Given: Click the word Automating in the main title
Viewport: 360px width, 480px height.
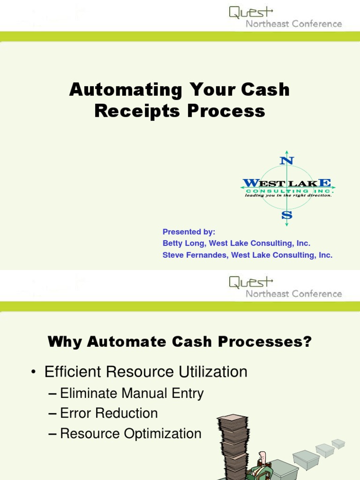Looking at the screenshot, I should pos(125,90).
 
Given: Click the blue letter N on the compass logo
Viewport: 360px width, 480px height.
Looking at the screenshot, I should pos(286,160).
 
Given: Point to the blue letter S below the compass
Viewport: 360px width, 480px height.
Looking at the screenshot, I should pos(286,215).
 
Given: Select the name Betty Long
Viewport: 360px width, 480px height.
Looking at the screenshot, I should pos(183,243).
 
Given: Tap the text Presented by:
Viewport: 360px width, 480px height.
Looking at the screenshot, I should pos(189,232).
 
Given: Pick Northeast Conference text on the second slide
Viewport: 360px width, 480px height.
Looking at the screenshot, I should pos(294,294).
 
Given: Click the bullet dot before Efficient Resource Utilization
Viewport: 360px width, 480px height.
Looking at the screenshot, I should pos(33,373).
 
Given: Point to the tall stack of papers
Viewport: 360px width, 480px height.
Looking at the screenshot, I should pos(233,445).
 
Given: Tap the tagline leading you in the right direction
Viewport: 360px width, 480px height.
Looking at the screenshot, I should pos(288,195).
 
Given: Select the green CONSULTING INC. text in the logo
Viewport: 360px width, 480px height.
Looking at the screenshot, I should pos(289,191).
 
